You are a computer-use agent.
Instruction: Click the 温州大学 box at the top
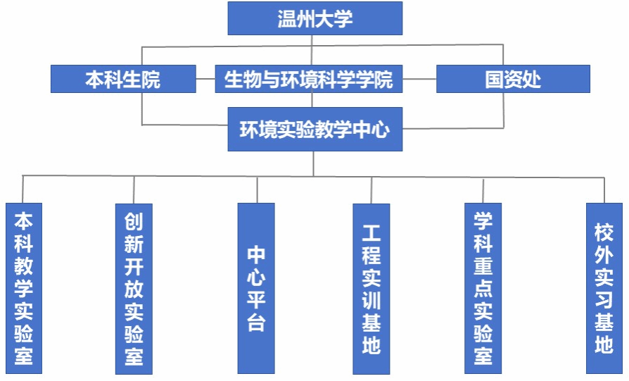pyautogui.click(x=314, y=18)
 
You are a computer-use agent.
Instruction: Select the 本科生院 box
pyautogui.click(x=123, y=79)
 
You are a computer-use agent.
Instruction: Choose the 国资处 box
pyautogui.click(x=513, y=79)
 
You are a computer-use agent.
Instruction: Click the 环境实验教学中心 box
pyautogui.click(x=314, y=129)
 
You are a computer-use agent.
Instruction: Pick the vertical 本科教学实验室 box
pyautogui.click(x=24, y=288)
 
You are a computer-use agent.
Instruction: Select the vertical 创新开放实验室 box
pyautogui.click(x=134, y=288)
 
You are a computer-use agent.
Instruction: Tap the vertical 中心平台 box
pyautogui.click(x=256, y=288)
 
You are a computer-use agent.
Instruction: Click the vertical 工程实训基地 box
pyautogui.click(x=371, y=288)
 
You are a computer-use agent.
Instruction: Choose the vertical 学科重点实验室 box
pyautogui.click(x=483, y=288)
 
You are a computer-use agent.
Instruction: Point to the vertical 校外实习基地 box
pyautogui.click(x=604, y=288)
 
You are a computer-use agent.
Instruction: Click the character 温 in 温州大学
pyautogui.click(x=287, y=18)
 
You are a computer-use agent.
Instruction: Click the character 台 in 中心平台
pyautogui.click(x=256, y=323)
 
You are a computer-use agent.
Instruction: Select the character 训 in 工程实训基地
pyautogui.click(x=371, y=301)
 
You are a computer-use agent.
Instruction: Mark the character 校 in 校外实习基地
pyautogui.click(x=604, y=232)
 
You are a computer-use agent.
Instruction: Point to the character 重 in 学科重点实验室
pyautogui.click(x=483, y=267)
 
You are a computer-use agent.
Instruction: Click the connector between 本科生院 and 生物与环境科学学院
pyautogui.click(x=205, y=79)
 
